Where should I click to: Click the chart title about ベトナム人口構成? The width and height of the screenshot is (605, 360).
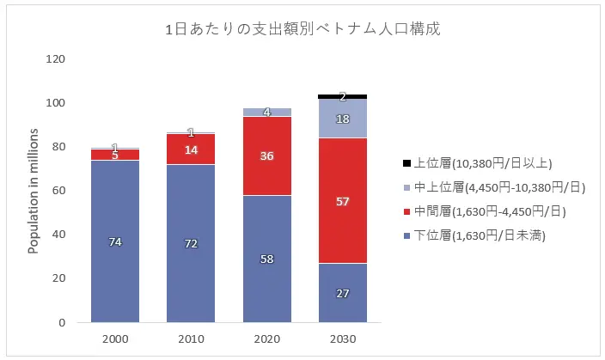[302, 28]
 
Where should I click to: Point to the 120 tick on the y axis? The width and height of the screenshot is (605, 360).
[55, 59]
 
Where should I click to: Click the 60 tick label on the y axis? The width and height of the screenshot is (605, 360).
[58, 191]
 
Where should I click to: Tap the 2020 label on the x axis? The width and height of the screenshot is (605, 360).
[266, 339]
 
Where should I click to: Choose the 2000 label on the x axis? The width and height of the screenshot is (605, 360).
[115, 339]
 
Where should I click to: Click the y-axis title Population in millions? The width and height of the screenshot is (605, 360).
[34, 191]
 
